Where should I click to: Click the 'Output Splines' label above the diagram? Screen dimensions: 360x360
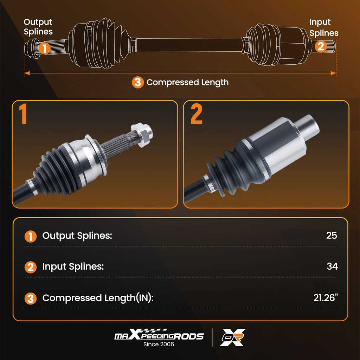coord(38,27)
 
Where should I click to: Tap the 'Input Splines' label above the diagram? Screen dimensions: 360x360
coord(324,27)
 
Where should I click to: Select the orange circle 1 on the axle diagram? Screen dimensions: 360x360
coord(44,48)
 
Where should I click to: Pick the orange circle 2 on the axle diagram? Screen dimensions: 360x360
coord(321,46)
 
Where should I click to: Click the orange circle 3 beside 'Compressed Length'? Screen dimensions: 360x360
coord(138,82)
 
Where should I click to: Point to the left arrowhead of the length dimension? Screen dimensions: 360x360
coord(27,73)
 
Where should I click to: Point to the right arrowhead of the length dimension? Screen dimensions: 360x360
coord(333,73)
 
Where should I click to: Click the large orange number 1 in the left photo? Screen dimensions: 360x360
coord(23,114)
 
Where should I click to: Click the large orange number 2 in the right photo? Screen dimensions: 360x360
coord(196,114)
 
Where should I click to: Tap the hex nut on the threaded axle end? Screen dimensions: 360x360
coord(142,135)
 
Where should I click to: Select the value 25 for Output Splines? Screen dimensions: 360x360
coord(332,235)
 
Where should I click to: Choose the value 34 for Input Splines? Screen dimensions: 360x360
coord(332,266)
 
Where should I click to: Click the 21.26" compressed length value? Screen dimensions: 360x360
coord(326,297)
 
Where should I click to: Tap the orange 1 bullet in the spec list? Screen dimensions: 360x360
coord(31,237)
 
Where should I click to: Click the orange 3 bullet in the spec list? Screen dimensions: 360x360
coord(31,298)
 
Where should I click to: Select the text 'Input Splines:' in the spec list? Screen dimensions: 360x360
coord(73,266)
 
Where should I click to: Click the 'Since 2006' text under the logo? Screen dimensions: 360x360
coord(159,344)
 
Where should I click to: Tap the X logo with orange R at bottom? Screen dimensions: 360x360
coord(232,337)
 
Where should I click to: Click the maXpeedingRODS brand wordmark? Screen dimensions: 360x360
coord(159,335)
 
